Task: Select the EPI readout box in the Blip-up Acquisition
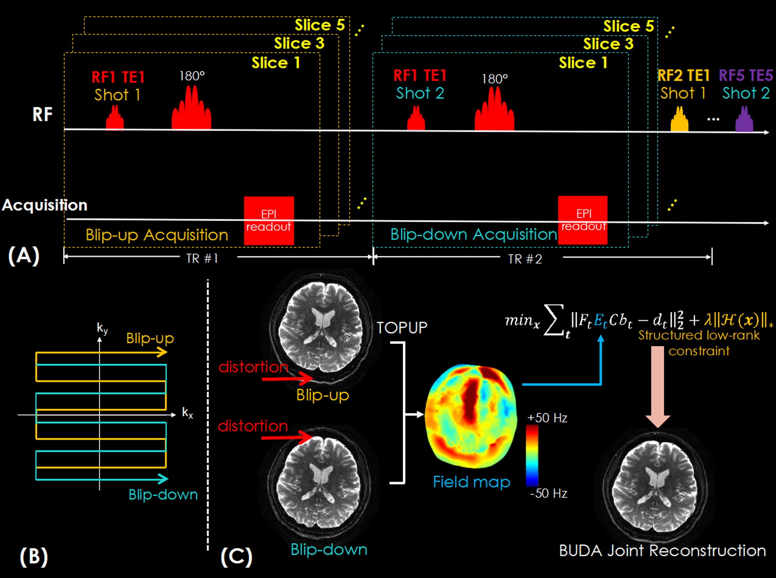268,221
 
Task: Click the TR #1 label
202,259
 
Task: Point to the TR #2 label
525,259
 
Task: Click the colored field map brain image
471,416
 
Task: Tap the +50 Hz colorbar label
547,418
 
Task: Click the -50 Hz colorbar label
548,493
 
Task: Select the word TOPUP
402,328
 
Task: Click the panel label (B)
33,556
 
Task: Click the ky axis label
102,329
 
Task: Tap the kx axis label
187,413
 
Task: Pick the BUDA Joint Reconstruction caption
662,551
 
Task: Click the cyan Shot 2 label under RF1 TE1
420,93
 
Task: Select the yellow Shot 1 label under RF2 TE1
683,93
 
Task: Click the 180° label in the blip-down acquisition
494,79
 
